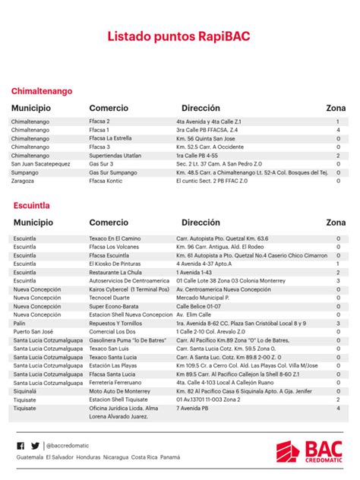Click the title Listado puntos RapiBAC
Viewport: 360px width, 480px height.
[179, 36]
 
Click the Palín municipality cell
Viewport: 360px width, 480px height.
[20, 323]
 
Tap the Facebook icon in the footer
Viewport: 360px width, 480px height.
[21, 446]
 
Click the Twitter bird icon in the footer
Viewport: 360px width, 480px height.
[35, 446]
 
